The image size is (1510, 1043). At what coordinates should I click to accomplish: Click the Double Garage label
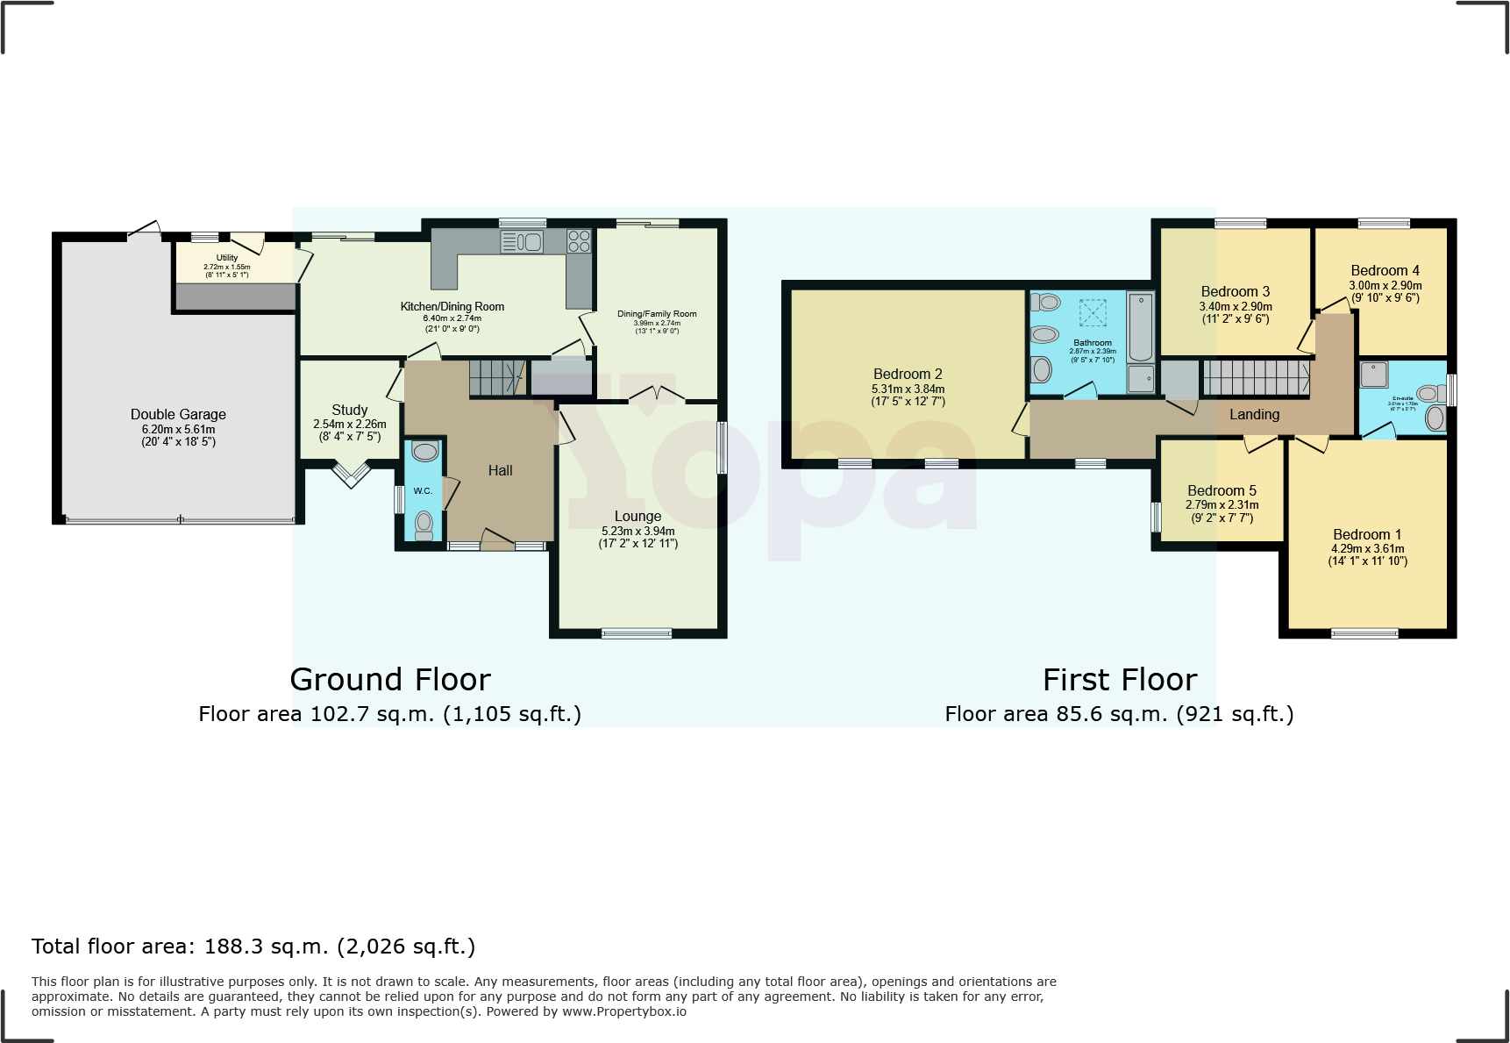[178, 414]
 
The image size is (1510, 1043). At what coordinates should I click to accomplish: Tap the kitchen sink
[523, 241]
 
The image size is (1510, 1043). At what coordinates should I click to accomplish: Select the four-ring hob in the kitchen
[579, 241]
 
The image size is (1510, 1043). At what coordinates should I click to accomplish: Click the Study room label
[349, 410]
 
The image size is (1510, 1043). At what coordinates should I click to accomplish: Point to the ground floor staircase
[496, 378]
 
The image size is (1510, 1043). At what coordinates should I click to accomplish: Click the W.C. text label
[423, 491]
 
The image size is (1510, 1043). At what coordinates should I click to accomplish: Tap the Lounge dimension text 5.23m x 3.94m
[637, 531]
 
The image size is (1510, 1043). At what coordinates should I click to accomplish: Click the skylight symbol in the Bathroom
[1093, 312]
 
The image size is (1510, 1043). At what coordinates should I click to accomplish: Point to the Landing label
[1254, 414]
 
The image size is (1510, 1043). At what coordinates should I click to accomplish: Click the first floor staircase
[1256, 378]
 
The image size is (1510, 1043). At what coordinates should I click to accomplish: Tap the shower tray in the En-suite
[1374, 375]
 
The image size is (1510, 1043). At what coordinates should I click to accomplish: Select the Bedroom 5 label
[1222, 490]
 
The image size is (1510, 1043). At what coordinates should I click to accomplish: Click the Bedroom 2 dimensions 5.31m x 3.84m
[908, 389]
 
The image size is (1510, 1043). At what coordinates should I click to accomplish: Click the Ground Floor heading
[390, 680]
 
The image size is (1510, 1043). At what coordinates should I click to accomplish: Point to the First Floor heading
[1119, 680]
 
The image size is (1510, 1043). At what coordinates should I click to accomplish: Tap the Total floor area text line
[253, 947]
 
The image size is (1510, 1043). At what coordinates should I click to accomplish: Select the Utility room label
[226, 258]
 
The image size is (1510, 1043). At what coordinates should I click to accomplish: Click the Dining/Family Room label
[657, 313]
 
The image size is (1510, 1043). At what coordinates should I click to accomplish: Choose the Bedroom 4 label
[1385, 270]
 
